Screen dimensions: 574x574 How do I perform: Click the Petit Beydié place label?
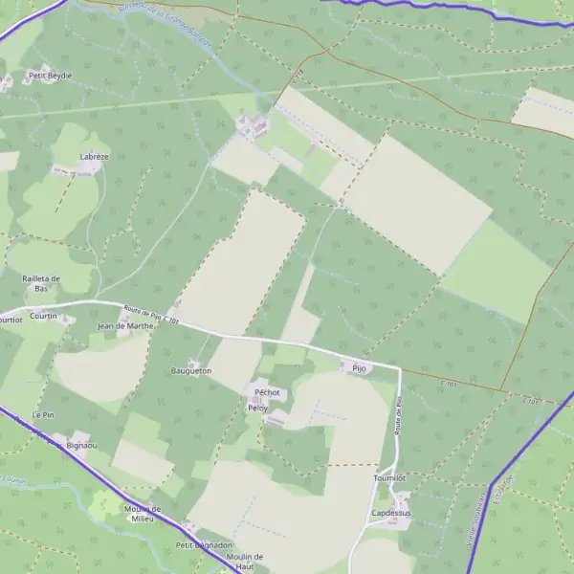click(51, 75)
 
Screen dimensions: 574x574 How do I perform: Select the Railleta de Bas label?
click(41, 283)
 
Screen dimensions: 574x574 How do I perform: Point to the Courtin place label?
click(42, 316)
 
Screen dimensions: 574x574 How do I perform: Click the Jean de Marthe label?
click(126, 326)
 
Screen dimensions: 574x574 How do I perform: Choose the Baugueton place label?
click(191, 369)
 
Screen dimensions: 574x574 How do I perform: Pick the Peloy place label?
click(257, 408)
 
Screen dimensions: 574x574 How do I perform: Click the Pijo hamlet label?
click(359, 367)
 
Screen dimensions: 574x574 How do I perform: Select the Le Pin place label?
click(43, 415)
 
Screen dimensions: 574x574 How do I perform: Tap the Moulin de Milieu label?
click(143, 514)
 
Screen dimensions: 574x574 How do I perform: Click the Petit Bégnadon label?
click(204, 545)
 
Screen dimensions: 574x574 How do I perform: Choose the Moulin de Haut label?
click(245, 561)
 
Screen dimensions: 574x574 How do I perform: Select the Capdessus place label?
click(390, 514)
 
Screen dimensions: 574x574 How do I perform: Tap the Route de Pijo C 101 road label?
click(151, 315)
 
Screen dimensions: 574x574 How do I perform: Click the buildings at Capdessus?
click(402, 500)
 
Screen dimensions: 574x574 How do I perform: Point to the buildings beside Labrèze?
click(88, 166)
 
